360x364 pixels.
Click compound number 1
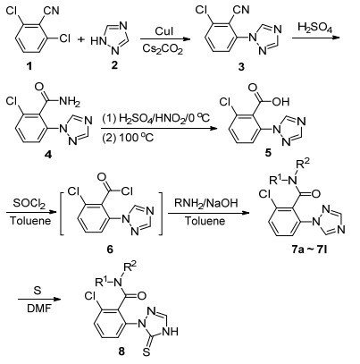click(29, 66)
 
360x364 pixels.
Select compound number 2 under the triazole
click(114, 65)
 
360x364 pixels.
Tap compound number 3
click(241, 67)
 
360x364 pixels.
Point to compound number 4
click(48, 154)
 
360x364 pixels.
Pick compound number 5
click(268, 153)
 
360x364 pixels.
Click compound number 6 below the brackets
click(110, 249)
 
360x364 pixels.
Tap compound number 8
click(121, 351)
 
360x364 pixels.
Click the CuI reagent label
click(164, 31)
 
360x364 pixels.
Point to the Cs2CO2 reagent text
click(163, 48)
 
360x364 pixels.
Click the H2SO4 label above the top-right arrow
click(314, 27)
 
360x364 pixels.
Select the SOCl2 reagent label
click(29, 204)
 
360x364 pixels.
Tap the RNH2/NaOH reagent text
click(206, 204)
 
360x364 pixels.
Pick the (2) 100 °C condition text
click(128, 138)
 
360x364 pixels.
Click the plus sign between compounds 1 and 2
click(81, 39)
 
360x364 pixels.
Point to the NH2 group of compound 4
click(70, 102)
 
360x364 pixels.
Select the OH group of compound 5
click(280, 102)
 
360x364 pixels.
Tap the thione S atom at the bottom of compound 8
click(146, 353)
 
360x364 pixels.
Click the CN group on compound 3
click(241, 10)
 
